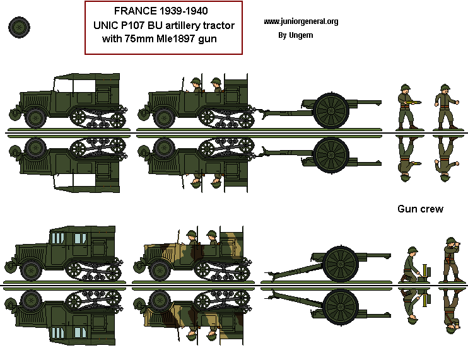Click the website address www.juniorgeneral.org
[x=301, y=21]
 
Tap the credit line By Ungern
[x=295, y=35]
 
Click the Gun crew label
[x=420, y=209]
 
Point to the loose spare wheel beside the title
[x=20, y=27]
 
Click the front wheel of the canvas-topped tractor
[x=35, y=117]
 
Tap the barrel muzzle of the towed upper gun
[x=378, y=100]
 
